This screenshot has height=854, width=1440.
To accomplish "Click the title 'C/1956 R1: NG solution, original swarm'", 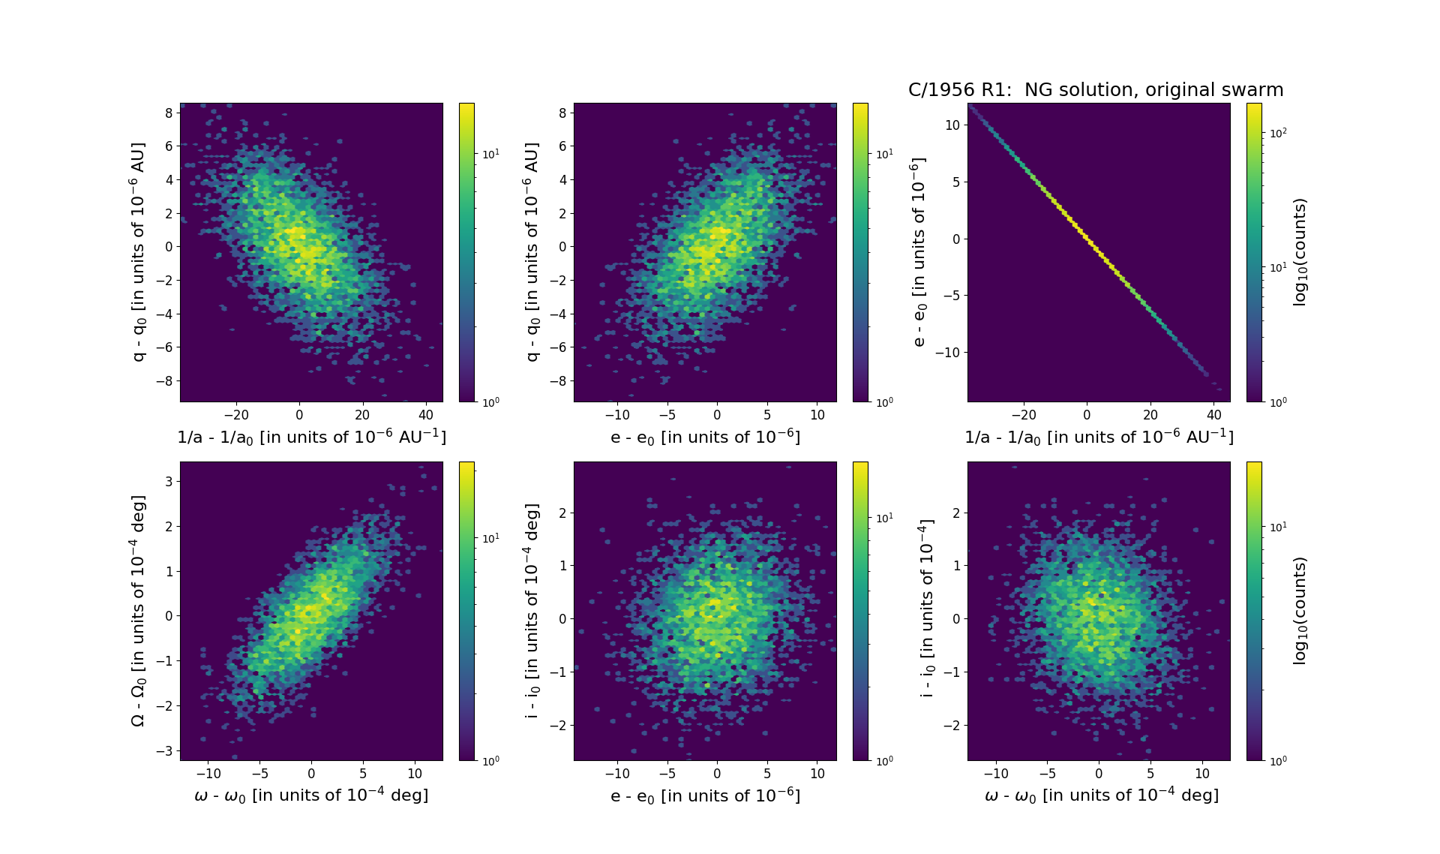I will pos(1095,90).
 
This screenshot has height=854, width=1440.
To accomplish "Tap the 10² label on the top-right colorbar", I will pos(1276,133).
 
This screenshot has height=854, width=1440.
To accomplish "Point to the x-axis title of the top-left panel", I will pos(311,438).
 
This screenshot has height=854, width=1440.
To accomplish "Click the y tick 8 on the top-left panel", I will pos(169,113).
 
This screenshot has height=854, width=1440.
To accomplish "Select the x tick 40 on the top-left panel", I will pos(425,415).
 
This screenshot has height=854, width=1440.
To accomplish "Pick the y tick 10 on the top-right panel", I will pos(952,125).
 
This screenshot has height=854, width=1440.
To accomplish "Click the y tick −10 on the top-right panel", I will pos(949,352).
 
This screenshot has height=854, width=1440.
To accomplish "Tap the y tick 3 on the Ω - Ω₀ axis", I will pos(169,481).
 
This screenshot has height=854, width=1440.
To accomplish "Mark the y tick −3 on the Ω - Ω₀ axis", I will pos(165,750).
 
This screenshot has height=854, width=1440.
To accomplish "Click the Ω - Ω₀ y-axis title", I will pos(138,610).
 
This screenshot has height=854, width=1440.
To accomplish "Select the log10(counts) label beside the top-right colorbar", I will pos(1300,252).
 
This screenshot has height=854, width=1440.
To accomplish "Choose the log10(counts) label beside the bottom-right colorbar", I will pos(1300,610).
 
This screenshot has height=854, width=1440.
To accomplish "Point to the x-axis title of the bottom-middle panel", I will pos(705,796).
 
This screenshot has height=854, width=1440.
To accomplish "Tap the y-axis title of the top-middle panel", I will pos(532,252).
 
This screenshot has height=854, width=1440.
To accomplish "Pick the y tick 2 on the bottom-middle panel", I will pos(562,513).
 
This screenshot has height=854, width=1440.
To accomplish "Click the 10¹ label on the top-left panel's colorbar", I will pos(490,154).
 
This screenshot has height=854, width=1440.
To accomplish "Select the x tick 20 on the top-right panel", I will pos(1150,415).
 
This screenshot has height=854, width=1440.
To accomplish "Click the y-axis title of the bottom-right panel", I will pos(926,610).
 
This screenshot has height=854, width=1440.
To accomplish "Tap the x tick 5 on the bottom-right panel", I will pos(1150,774).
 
